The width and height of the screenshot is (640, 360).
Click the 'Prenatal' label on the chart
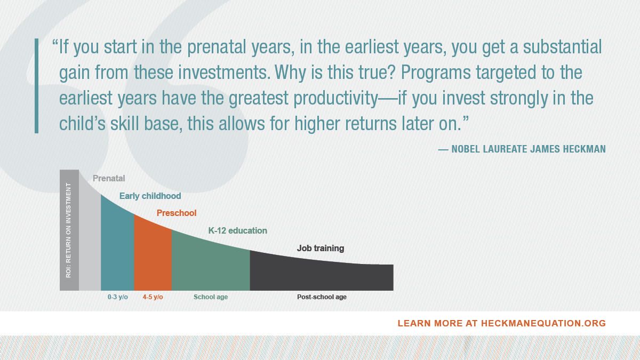click(x=109, y=178)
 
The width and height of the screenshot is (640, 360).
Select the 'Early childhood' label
click(x=150, y=196)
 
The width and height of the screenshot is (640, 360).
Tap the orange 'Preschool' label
click(x=177, y=213)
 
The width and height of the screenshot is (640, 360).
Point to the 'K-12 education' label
click(x=237, y=230)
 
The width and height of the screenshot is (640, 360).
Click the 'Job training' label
click(x=321, y=249)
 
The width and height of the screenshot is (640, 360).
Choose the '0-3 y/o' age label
click(x=118, y=297)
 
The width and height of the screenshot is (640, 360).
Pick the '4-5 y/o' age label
click(x=153, y=297)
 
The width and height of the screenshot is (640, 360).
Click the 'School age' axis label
click(x=211, y=297)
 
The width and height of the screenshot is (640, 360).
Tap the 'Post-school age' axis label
click(x=322, y=297)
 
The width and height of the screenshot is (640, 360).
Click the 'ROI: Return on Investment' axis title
click(x=68, y=230)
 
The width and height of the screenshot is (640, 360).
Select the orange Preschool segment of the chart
click(x=153, y=257)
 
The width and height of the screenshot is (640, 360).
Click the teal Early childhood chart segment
click(x=117, y=249)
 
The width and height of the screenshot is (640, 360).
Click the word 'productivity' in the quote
click(x=336, y=98)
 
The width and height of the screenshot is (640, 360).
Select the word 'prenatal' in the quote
click(x=217, y=47)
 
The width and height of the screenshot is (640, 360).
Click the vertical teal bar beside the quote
click(x=36, y=86)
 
